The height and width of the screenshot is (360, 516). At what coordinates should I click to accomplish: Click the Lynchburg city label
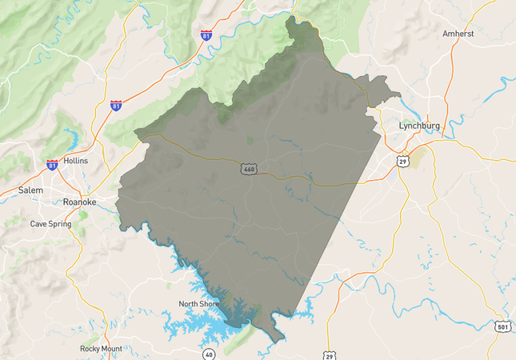click(421, 126)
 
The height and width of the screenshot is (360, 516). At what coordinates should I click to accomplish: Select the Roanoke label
click(79, 202)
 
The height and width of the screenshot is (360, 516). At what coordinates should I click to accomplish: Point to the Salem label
click(31, 190)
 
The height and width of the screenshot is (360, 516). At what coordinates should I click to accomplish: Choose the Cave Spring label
click(50, 224)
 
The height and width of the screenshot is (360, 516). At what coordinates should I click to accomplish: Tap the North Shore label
click(199, 304)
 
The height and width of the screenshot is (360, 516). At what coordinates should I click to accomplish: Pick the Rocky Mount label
click(101, 349)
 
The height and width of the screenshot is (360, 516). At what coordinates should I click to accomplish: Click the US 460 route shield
click(249, 170)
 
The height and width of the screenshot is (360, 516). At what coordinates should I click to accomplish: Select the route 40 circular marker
click(210, 353)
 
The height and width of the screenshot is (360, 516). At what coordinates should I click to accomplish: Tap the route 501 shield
click(502, 326)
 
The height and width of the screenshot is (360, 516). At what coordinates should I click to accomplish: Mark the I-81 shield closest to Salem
click(53, 165)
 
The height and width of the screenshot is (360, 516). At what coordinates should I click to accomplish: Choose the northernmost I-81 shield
click(206, 35)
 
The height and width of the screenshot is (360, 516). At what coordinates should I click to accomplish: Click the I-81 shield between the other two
click(117, 105)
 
